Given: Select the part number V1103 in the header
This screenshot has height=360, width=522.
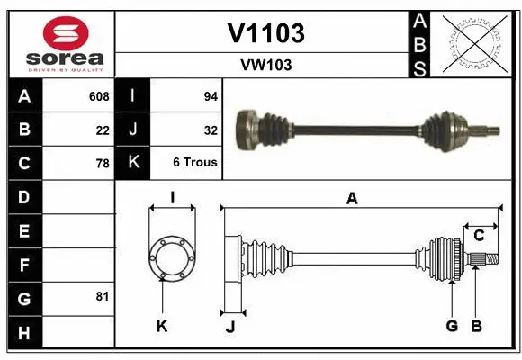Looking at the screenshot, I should pos(265,33).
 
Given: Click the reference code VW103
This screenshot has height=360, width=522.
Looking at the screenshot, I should pos(265,65).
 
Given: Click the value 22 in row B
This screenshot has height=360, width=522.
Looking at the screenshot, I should pos(103,130).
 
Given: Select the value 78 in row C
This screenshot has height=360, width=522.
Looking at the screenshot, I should pos(103,164).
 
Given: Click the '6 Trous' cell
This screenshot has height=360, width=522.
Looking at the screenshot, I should pos(195,164).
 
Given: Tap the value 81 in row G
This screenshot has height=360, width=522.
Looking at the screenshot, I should pos(103,296).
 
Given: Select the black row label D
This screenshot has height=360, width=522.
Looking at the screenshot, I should pos(23,197).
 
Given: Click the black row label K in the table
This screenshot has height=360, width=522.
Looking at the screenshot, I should pos(133,164).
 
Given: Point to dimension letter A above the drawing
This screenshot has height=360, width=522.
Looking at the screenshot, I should pos(352,199).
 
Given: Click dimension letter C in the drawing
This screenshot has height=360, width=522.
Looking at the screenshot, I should pos(480,236).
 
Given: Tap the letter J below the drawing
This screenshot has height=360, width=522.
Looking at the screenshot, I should pos(229,326).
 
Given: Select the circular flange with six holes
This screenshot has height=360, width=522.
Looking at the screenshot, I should pos(171,257).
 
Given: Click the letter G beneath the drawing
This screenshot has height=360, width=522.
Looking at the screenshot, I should pos(452,326).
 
